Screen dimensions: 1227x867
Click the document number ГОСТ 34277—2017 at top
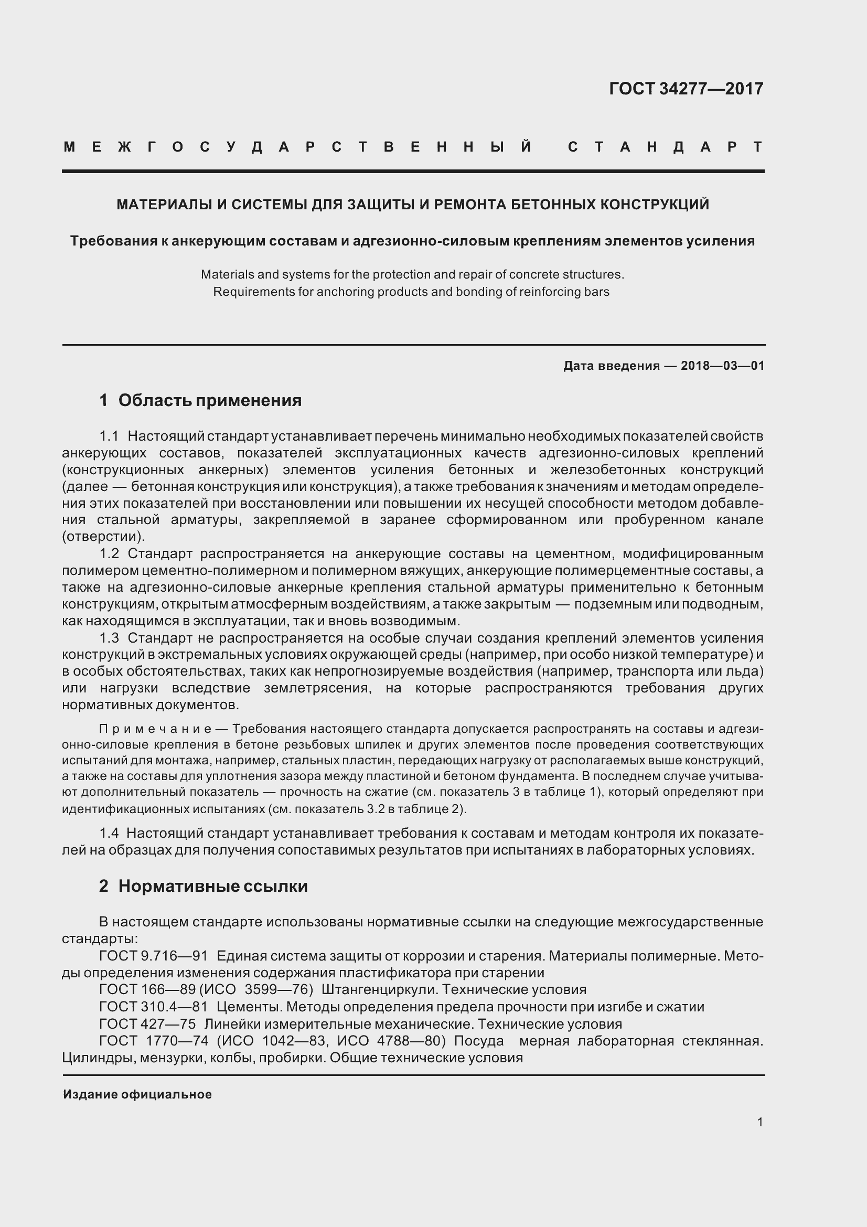(x=686, y=88)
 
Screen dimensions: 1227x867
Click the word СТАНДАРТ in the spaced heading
(x=665, y=147)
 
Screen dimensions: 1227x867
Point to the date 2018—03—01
(x=722, y=366)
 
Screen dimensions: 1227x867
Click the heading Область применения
(x=209, y=400)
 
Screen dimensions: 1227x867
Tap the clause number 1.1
(x=109, y=436)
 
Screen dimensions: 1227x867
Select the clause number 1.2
(x=109, y=553)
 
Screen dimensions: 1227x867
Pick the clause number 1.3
(x=109, y=638)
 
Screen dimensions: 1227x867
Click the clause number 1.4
(x=109, y=833)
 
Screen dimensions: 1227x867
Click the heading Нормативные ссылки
(x=212, y=886)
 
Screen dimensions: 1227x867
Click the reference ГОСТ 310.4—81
(x=153, y=1007)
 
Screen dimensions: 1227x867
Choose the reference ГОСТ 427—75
(x=147, y=1024)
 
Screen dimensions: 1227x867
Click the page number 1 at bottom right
(x=759, y=1122)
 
